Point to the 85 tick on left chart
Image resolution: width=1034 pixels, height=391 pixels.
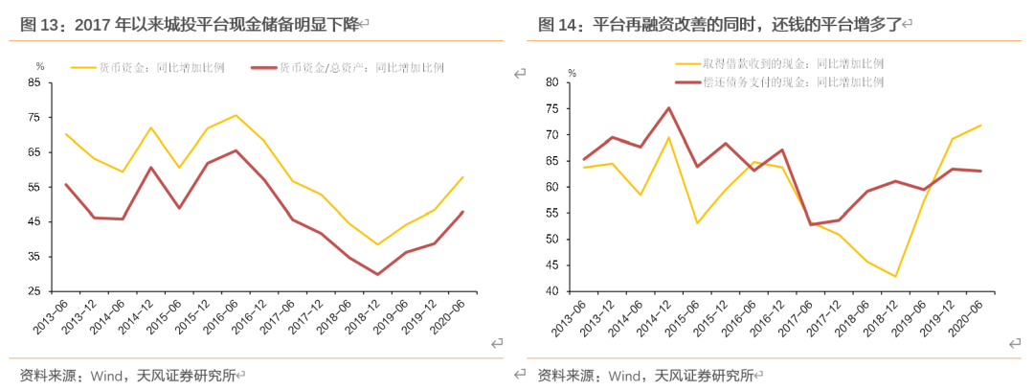click(34, 82)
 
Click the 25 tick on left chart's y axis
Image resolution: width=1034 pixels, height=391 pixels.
click(34, 291)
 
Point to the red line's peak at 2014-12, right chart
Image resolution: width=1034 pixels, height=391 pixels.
click(668, 108)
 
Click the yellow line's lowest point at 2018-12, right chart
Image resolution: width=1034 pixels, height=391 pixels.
click(895, 276)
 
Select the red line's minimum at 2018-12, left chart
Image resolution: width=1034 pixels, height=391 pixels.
click(378, 275)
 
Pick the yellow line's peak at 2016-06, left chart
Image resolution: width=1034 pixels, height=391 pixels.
click(236, 115)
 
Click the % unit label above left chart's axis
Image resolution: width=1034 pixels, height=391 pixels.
click(39, 66)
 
